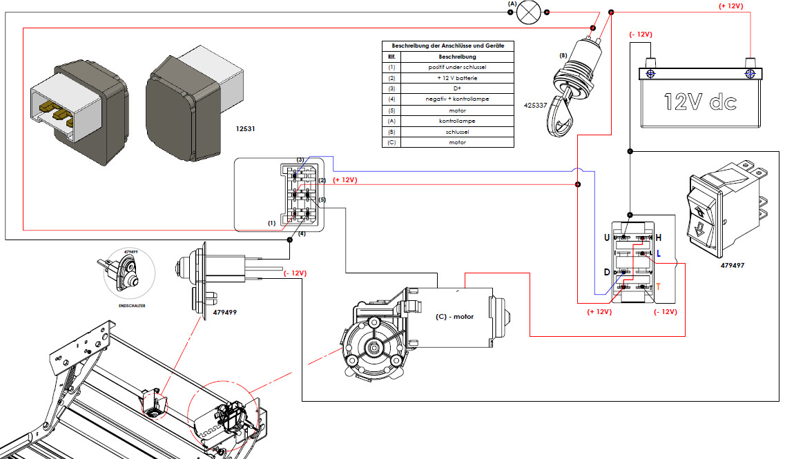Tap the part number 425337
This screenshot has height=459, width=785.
(536, 106)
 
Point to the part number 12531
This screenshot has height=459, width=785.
(248, 128)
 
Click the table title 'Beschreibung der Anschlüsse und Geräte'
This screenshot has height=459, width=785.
(448, 46)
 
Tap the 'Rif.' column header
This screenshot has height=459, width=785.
(391, 56)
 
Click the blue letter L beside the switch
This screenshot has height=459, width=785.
(659, 254)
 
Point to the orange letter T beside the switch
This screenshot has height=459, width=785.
(659, 286)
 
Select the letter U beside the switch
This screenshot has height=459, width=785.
(607, 237)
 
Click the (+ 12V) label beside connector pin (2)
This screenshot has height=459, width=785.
(345, 180)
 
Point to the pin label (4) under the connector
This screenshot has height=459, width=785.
(302, 234)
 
